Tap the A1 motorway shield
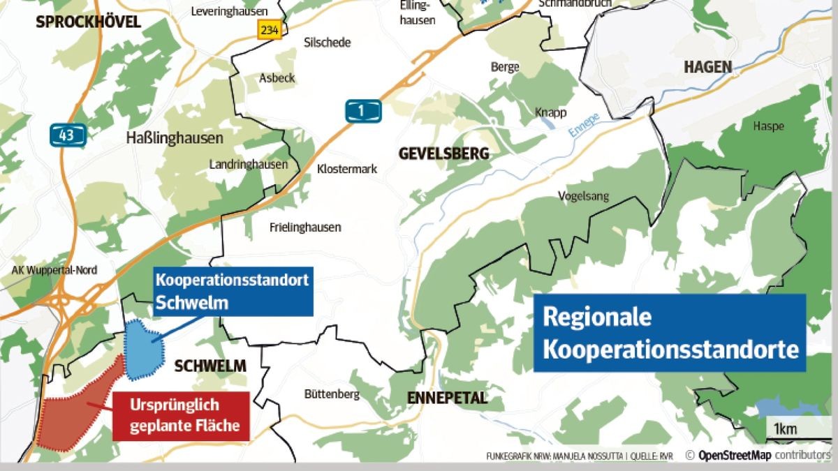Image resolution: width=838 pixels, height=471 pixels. click(x=363, y=111)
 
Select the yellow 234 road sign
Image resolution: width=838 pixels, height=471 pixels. click(x=269, y=29)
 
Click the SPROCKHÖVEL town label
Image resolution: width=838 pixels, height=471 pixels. click(x=88, y=22)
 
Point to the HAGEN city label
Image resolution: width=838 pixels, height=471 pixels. click(x=708, y=67)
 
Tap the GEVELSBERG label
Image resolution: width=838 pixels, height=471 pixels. click(x=443, y=154)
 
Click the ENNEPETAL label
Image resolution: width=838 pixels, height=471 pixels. click(x=447, y=398)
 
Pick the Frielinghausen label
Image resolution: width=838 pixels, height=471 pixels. click(x=305, y=227)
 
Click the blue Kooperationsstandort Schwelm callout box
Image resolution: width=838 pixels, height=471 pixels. click(x=232, y=292)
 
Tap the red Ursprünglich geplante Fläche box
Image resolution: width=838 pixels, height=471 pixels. click(x=181, y=415)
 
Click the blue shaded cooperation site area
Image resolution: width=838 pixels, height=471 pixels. click(x=142, y=348)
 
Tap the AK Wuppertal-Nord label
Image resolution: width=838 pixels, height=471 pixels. click(x=54, y=270)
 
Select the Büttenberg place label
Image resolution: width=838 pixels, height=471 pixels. click(x=332, y=394)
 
